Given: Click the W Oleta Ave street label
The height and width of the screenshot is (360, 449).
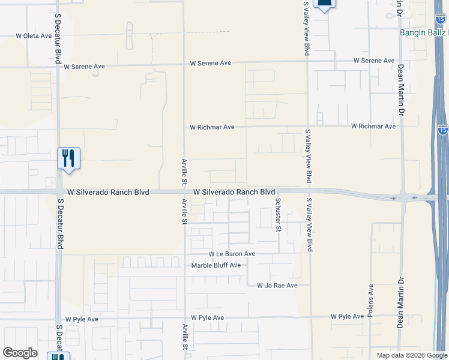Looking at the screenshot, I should (x=34, y=36).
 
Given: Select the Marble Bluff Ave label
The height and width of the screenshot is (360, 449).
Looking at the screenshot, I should (x=215, y=265).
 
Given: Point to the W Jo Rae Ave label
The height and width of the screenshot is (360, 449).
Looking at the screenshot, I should (x=277, y=286).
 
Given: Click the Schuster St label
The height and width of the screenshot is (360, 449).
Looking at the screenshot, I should (x=278, y=214).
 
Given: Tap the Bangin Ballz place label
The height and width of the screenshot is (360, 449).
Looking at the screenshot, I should (x=423, y=32).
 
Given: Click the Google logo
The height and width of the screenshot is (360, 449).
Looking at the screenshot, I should (x=20, y=353).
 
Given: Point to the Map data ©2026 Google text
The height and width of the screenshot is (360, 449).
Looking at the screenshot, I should (x=411, y=355).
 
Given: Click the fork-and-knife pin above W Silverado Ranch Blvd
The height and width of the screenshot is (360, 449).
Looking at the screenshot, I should (x=68, y=159).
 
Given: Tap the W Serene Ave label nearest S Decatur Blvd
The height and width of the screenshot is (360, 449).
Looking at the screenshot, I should (x=84, y=67).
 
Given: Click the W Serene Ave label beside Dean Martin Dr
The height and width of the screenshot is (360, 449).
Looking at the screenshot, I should (x=374, y=61).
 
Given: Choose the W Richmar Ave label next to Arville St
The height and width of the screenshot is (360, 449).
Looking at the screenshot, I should (x=212, y=127).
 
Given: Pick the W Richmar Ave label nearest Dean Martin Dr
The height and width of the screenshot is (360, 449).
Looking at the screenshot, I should (x=373, y=127).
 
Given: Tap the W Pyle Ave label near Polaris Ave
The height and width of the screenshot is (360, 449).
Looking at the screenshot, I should (x=347, y=316).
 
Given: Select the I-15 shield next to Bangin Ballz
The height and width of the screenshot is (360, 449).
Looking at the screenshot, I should (x=441, y=19).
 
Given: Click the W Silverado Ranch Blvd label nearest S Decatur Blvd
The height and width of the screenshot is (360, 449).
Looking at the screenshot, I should (x=108, y=193).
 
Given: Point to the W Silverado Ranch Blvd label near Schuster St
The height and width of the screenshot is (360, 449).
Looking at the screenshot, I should (x=234, y=192).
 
